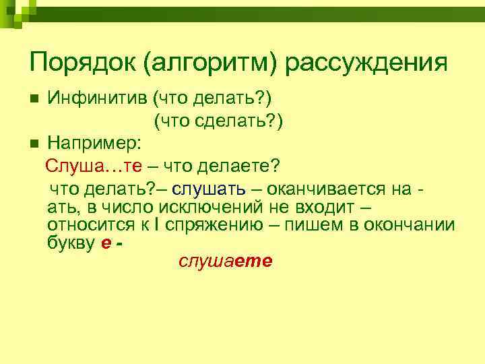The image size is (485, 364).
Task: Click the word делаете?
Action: click(x=249, y=166)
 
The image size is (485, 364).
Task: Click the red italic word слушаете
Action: click(x=225, y=262)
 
